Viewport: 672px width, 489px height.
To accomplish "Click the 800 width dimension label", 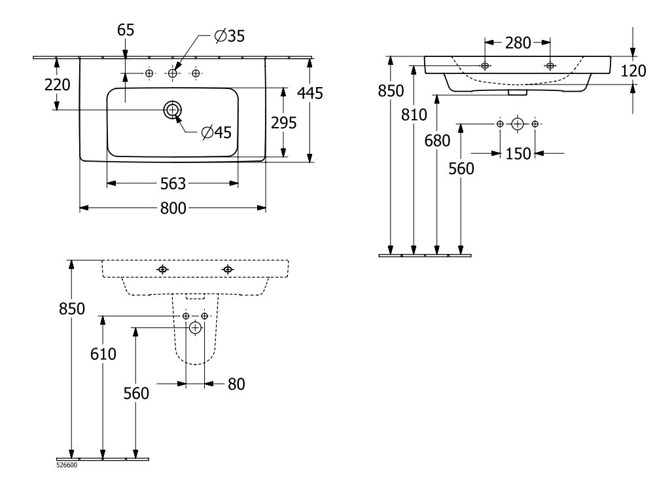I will click(173, 208).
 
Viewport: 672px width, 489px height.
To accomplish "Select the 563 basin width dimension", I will click(173, 183).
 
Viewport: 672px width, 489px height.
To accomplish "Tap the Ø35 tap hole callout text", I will click(229, 37).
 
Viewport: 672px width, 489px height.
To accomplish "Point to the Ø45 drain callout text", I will click(217, 133).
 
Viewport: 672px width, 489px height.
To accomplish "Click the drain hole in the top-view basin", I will click(173, 110).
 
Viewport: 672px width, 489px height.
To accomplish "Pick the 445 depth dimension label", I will click(310, 94).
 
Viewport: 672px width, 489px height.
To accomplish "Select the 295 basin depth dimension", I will click(284, 122).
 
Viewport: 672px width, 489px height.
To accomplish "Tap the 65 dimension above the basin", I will click(126, 31).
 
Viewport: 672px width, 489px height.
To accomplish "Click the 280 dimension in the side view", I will click(518, 43).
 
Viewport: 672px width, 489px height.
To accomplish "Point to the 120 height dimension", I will click(633, 71).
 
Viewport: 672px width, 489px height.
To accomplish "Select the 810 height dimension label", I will click(414, 115).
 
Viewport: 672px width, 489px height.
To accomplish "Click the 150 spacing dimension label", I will click(518, 153).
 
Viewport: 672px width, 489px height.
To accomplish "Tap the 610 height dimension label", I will click(103, 354).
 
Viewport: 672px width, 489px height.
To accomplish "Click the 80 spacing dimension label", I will click(236, 384).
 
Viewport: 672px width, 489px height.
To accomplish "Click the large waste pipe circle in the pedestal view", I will click(195, 328).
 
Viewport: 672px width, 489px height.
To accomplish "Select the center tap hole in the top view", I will click(172, 74).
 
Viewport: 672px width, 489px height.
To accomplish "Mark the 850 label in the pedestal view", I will click(71, 309).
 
